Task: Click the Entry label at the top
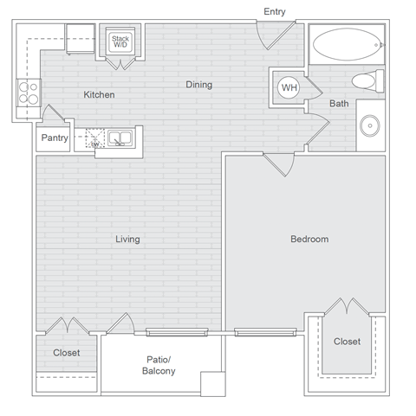pos(275,11)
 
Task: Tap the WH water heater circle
pos(287,86)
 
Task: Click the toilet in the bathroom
pos(365,81)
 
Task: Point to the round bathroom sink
pos(373,125)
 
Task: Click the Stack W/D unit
pos(120,42)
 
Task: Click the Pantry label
pos(55,138)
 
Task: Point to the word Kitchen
pos(99,94)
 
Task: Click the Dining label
pos(198,85)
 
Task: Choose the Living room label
pos(127,240)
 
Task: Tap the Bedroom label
pos(309,240)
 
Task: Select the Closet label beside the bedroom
pos(348,342)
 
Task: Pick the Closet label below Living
pos(67,353)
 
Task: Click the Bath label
pos(339,105)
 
